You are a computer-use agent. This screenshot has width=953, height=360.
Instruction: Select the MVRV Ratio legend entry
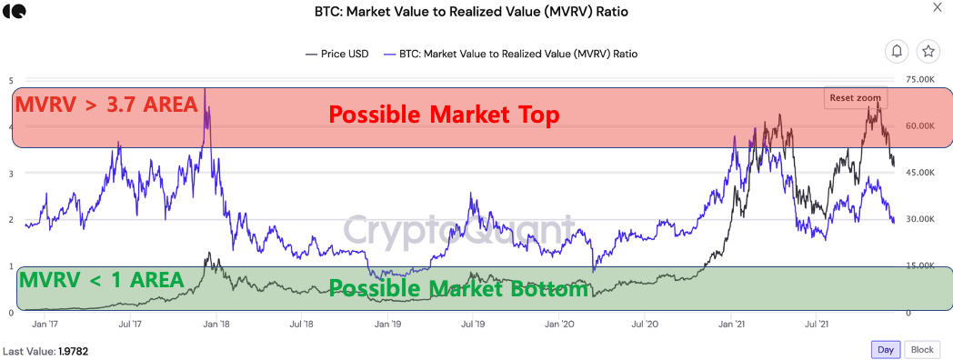[510, 54]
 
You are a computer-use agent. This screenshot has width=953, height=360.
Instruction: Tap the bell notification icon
[897, 52]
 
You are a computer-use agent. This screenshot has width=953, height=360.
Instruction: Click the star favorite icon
[928, 52]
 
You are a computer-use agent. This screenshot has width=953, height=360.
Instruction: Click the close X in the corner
[938, 8]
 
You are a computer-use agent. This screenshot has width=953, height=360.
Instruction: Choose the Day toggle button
[884, 349]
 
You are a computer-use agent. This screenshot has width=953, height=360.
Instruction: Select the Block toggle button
[921, 349]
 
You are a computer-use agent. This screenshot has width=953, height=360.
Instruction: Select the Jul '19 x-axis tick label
[472, 323]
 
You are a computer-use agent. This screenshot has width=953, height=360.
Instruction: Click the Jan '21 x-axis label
[731, 323]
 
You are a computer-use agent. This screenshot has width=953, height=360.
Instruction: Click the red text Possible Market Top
[444, 115]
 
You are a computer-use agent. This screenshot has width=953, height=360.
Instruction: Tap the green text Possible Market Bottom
[458, 290]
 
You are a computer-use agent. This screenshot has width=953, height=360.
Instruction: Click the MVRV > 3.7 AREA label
[106, 105]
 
